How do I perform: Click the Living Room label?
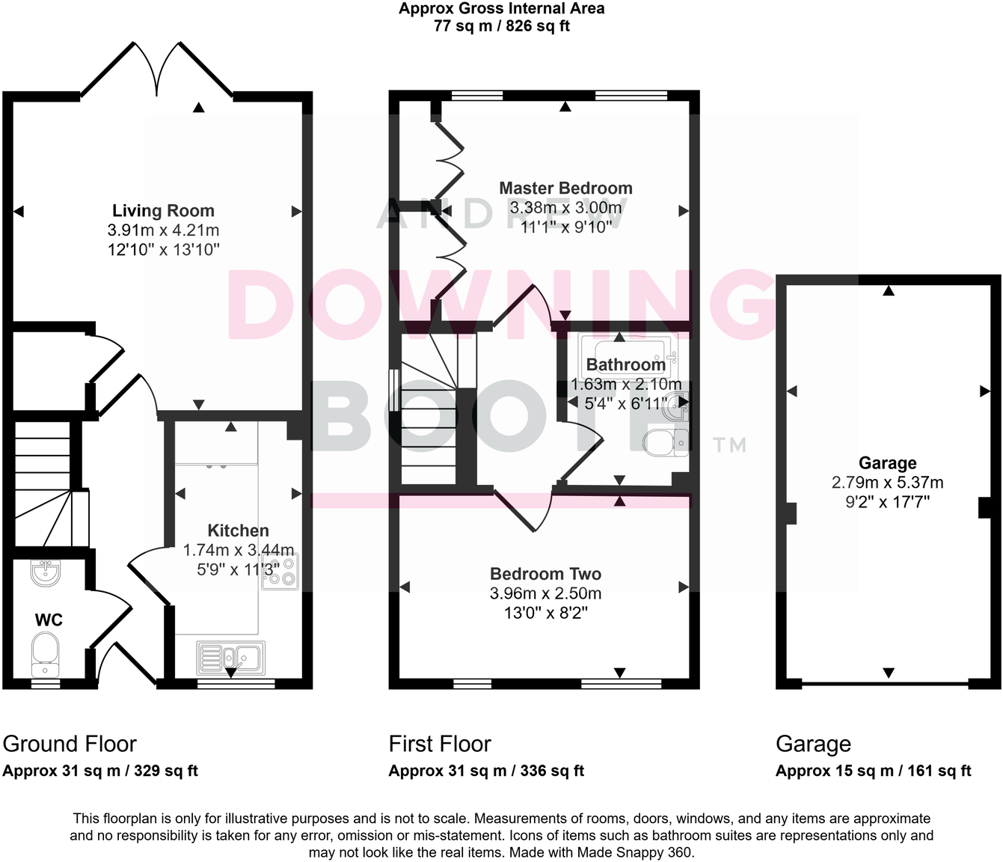tap(163, 211)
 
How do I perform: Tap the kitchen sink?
tap(230, 658)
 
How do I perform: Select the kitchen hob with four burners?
tap(280, 572)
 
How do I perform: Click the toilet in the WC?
tap(45, 652)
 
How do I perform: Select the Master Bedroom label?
tap(565, 189)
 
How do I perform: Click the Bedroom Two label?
tap(545, 574)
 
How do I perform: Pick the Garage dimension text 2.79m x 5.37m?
tap(887, 483)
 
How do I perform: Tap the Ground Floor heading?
tap(70, 744)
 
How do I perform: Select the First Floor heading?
tap(440, 744)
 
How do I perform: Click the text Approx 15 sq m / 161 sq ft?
tap(873, 771)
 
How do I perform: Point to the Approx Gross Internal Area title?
tap(501, 9)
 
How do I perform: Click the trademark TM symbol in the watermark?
tap(729, 446)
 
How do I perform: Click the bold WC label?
tap(49, 620)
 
